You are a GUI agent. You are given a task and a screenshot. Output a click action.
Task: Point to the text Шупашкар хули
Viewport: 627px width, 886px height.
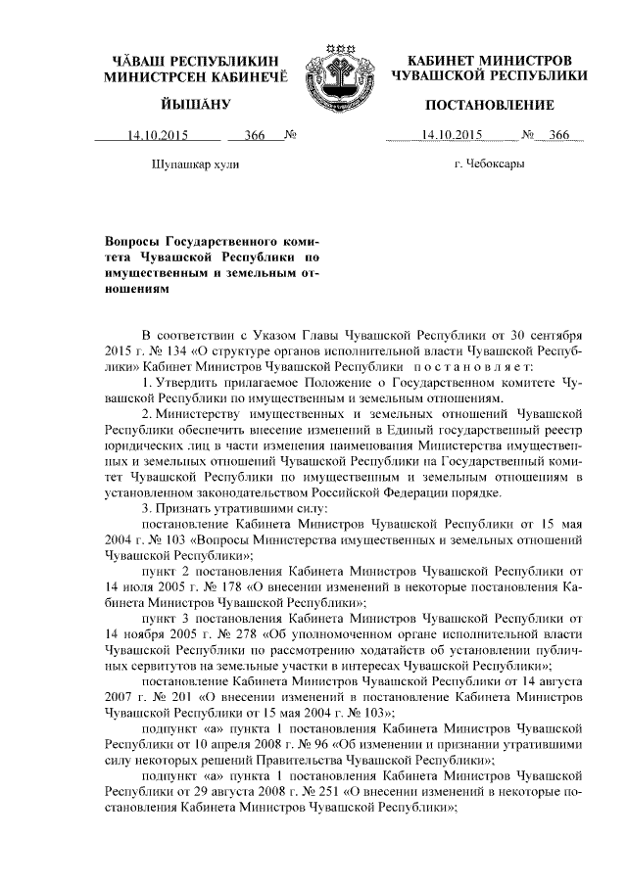196,164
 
